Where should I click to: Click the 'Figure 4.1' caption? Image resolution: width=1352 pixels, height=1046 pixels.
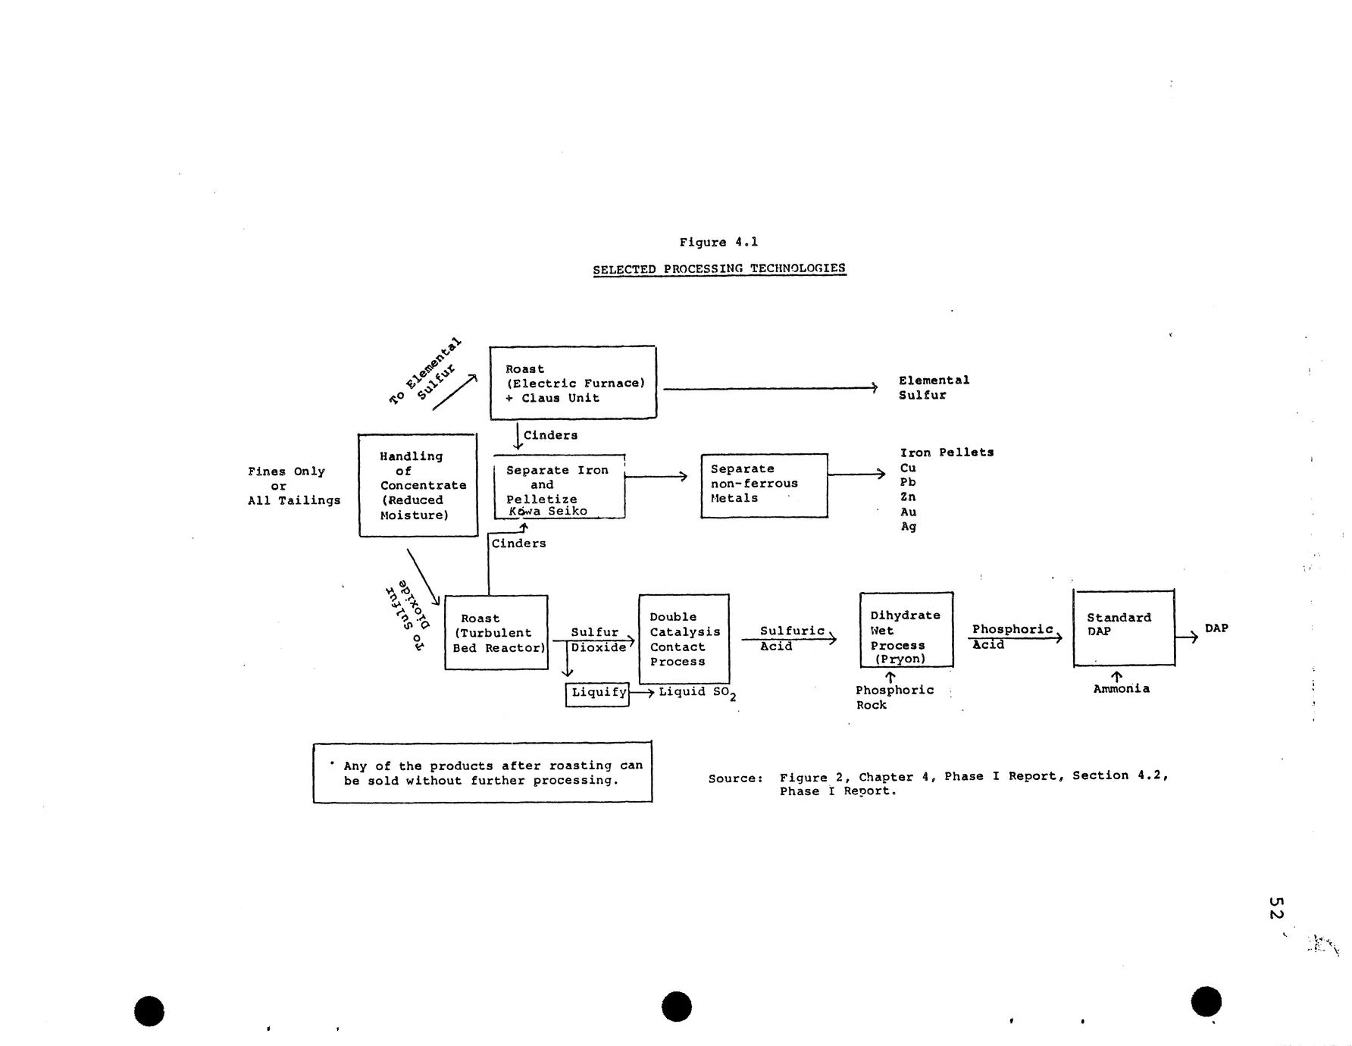point(718,243)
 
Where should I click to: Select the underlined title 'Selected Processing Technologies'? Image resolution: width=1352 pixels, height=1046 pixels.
point(718,268)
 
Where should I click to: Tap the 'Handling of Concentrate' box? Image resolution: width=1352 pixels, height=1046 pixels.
point(418,485)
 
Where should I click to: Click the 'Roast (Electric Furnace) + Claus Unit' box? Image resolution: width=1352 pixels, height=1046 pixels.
point(573,383)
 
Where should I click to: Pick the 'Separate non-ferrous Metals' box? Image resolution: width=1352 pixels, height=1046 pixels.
point(764,485)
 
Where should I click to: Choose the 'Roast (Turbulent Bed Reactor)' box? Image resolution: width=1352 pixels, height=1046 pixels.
point(496,632)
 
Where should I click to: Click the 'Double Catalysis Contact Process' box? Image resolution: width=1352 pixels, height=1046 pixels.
point(684,639)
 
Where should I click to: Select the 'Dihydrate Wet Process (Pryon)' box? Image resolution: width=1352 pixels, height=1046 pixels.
point(906,631)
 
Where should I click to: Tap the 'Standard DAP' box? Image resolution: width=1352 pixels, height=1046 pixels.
point(1124,628)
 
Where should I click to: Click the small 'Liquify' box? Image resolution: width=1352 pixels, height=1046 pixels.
point(598,693)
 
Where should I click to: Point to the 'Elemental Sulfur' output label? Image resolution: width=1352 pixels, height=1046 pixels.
point(934,387)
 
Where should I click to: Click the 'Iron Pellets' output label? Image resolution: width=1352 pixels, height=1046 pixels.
point(947,453)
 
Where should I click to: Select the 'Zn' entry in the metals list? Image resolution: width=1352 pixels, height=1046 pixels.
point(908,497)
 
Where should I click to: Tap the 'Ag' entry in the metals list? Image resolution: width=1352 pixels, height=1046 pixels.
point(908,527)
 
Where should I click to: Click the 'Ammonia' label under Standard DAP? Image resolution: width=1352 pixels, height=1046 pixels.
point(1121,689)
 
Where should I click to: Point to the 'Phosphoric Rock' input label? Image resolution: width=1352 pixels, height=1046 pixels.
point(894,697)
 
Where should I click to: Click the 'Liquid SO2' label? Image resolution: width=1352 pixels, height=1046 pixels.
point(696,693)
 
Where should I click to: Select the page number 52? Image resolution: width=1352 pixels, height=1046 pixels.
point(1275,909)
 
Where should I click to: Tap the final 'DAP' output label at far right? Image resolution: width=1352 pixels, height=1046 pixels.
point(1216,628)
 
